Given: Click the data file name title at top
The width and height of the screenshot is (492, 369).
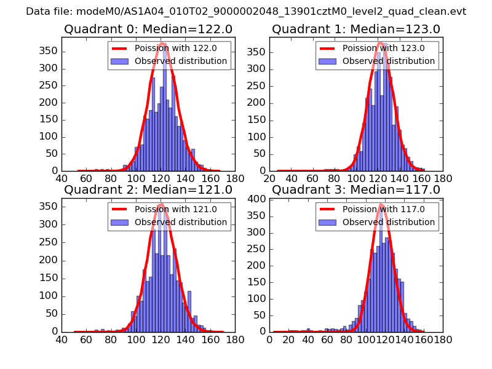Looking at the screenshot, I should tap(246, 12).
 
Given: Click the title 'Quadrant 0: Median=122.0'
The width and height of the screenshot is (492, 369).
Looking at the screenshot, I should tap(148, 30).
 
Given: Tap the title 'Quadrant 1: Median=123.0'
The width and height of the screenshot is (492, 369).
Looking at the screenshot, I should tap(356, 30).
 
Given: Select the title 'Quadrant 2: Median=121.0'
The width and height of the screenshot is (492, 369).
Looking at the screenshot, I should tap(148, 189).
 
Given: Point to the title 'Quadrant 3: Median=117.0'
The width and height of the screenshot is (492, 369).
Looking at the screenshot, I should tap(356, 189).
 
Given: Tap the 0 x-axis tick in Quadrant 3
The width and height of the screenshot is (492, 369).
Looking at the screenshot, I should tap(269, 339).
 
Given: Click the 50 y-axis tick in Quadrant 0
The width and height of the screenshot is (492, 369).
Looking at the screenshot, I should tap(50, 154).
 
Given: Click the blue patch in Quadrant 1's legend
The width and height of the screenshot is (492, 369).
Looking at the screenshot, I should tap(327, 61).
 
